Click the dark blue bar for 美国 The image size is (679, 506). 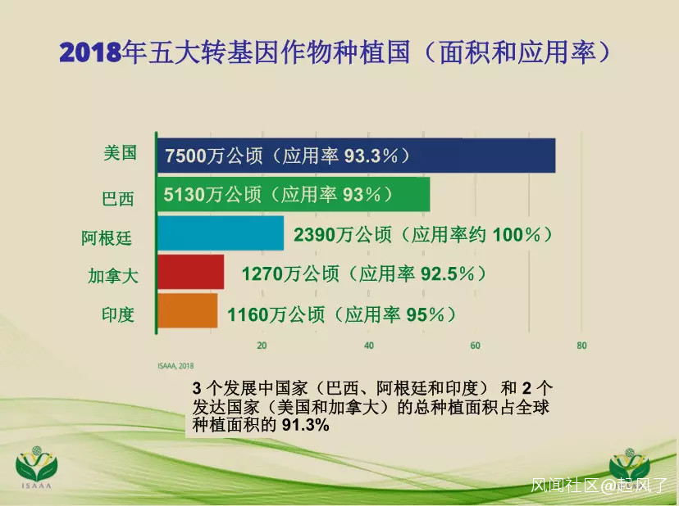tap(356, 156)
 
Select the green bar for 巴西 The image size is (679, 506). tap(293, 194)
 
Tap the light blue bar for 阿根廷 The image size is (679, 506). tap(221, 233)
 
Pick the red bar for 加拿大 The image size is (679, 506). tap(190, 272)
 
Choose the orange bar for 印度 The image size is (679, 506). tap(187, 310)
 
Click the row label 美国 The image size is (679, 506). tap(120, 152)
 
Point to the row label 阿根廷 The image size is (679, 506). tap(107, 238)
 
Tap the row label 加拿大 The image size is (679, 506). tap(113, 275)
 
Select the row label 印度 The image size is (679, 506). tap(118, 314)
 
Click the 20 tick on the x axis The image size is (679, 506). tap(262, 346)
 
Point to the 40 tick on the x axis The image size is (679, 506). tap(368, 346)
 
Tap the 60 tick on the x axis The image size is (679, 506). tap(475, 346)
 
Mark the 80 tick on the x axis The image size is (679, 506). tap(581, 346)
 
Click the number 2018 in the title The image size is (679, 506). tap(90, 52)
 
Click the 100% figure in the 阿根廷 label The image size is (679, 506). tap(516, 235)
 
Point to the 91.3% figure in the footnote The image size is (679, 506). tap(306, 425)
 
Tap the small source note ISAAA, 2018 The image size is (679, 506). tap(175, 366)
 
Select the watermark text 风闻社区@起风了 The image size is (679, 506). tap(599, 485)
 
